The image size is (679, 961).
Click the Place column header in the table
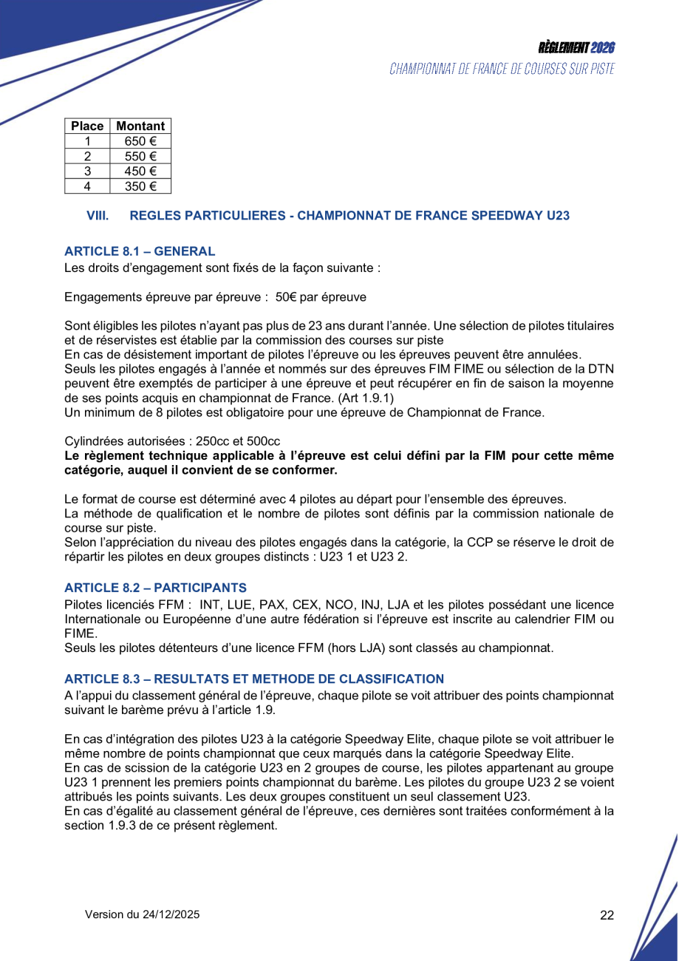tap(87, 126)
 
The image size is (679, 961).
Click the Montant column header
tap(140, 126)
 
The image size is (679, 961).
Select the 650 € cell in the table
tap(140, 141)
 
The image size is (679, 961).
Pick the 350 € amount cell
tap(140, 186)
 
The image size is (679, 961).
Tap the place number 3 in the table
tap(87, 172)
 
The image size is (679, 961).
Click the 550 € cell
tap(140, 156)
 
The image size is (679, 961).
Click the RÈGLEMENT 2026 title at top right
tap(576, 48)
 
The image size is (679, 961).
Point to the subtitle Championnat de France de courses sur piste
tap(502, 69)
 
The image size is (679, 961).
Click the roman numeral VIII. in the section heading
tap(98, 216)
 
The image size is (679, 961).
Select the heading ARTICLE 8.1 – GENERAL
tap(140, 251)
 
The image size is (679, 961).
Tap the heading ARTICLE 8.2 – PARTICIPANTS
tap(155, 588)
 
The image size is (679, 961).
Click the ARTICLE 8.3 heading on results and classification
tap(254, 679)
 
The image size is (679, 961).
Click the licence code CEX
tap(306, 603)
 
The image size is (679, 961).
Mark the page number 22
tap(607, 915)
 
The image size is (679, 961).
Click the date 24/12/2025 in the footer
tap(171, 914)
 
